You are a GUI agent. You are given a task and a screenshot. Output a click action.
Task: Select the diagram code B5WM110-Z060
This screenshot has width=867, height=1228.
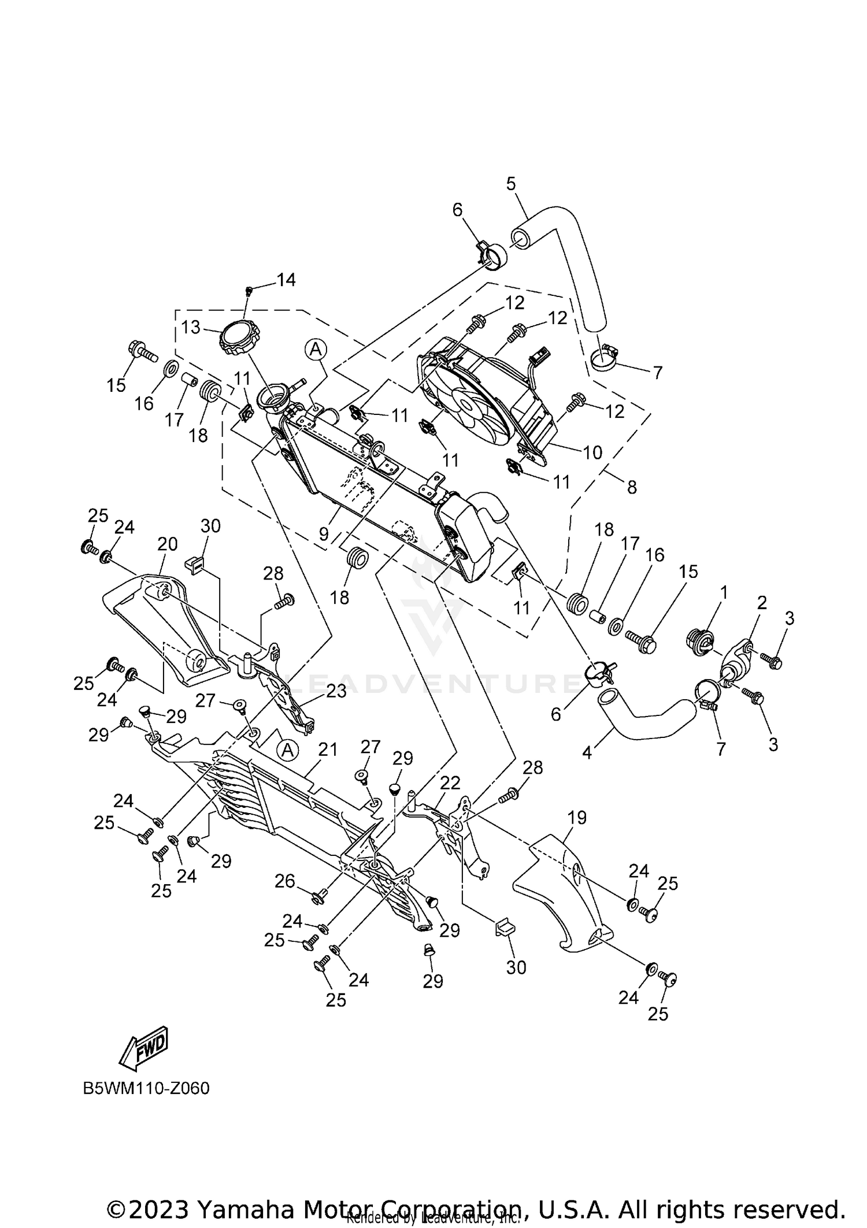(x=146, y=1088)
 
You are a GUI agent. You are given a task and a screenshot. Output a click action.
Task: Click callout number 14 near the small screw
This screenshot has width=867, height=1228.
(x=286, y=280)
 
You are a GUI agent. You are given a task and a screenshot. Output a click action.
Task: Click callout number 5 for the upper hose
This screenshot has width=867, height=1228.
(x=511, y=184)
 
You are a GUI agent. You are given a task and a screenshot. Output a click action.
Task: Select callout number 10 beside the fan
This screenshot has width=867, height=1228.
(x=592, y=452)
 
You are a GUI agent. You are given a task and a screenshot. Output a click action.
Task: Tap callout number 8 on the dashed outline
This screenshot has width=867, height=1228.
(x=632, y=487)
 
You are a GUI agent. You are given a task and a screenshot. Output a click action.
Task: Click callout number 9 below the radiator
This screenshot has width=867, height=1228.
(x=324, y=533)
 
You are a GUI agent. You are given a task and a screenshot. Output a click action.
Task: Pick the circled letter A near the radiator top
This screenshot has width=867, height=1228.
(x=316, y=349)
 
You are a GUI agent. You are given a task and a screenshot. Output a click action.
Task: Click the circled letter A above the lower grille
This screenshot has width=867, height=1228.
(x=287, y=751)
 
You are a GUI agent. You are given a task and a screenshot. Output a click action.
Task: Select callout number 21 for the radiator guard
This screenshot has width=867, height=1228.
(x=327, y=750)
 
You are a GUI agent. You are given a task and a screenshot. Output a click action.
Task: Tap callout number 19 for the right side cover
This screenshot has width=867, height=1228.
(x=577, y=818)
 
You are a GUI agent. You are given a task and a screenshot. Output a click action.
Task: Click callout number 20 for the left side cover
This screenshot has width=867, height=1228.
(x=167, y=544)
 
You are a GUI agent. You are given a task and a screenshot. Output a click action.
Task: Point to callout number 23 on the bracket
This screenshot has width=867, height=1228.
(x=336, y=691)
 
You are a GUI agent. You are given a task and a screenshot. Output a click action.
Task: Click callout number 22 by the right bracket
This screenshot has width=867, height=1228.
(x=450, y=783)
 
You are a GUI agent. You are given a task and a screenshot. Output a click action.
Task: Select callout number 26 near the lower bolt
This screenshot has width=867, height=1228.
(x=285, y=881)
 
